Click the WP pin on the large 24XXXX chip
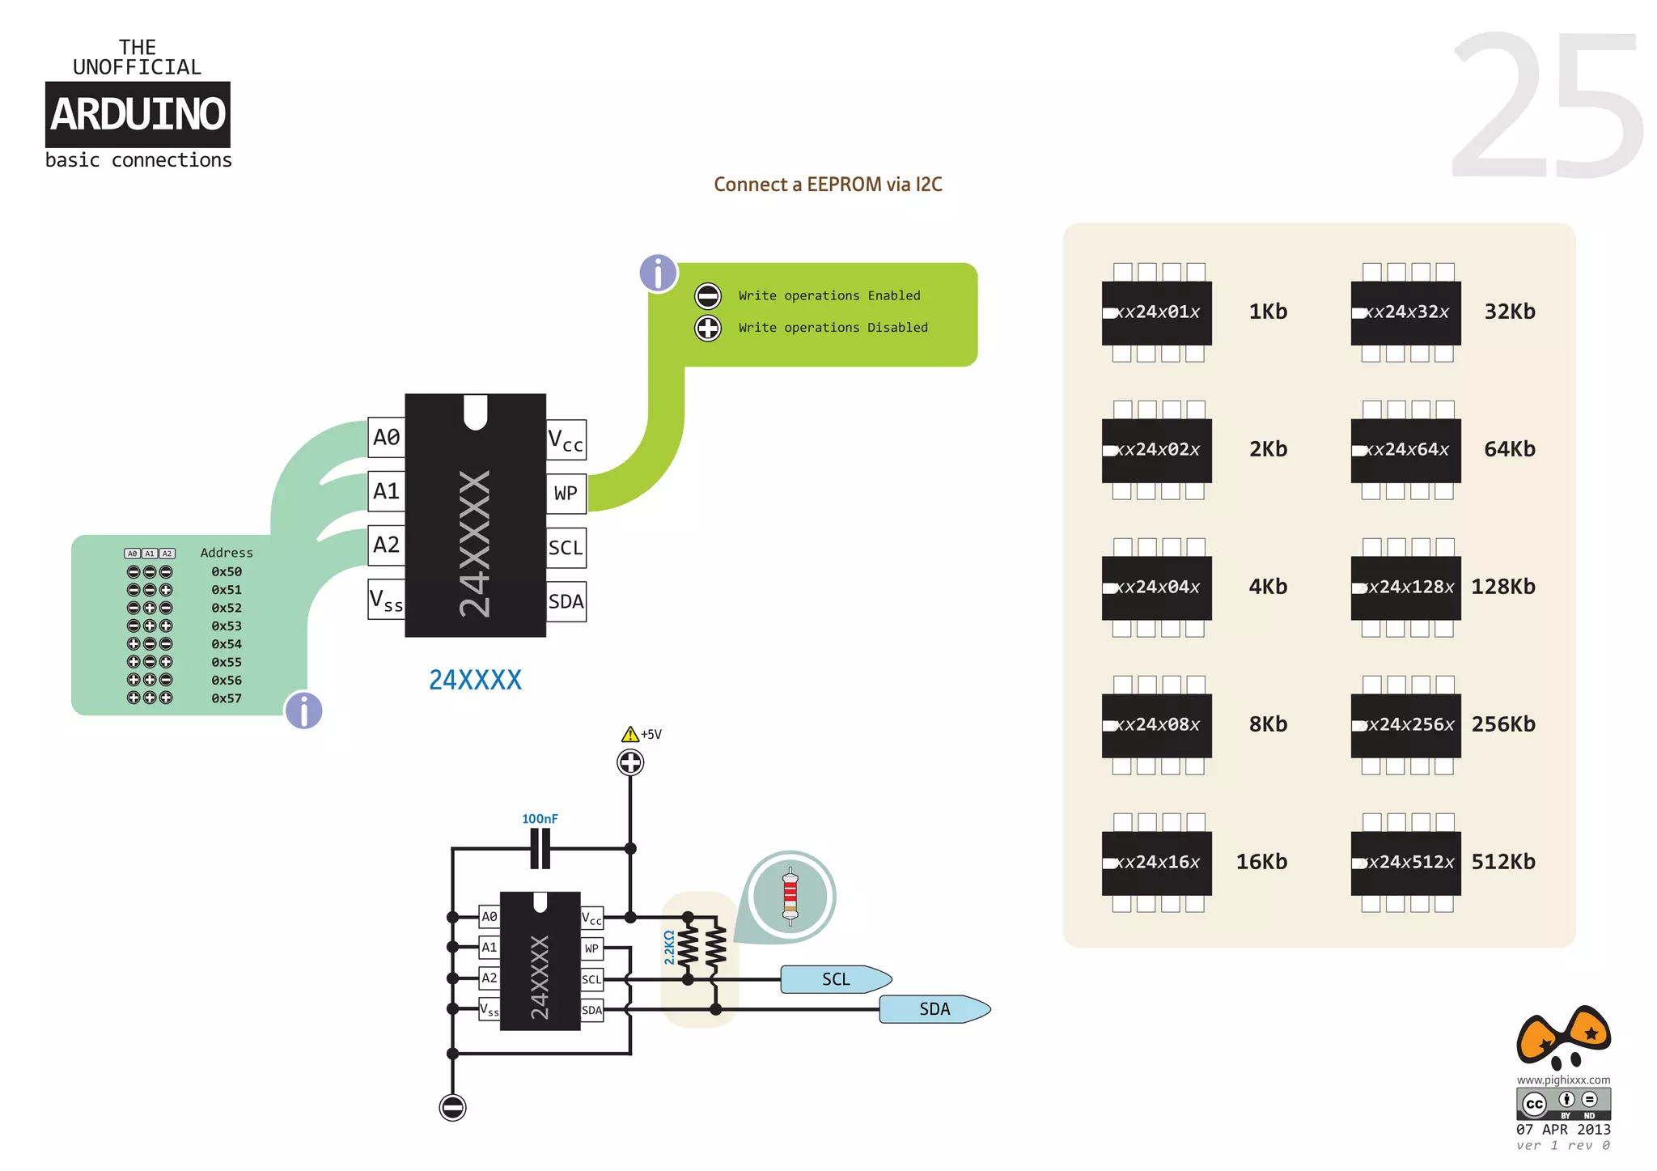point(566,494)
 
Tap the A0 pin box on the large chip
point(387,438)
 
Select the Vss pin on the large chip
point(387,600)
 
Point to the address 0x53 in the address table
point(227,626)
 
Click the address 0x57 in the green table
point(227,698)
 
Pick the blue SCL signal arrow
point(837,979)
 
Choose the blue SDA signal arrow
point(935,1009)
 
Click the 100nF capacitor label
point(540,819)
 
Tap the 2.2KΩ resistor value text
point(669,948)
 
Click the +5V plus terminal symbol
point(630,762)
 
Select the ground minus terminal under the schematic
point(452,1107)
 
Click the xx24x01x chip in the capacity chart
point(1157,312)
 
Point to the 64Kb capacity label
point(1510,449)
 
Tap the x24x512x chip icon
point(1406,863)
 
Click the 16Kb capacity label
point(1261,862)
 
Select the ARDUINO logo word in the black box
point(138,114)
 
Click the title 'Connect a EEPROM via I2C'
point(828,185)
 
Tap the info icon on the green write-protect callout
point(659,273)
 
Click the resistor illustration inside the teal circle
point(790,896)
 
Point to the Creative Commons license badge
point(1563,1104)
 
